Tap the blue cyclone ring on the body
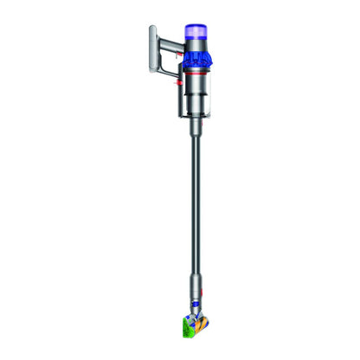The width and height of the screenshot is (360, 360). coord(197,59)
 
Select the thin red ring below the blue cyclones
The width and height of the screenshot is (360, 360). coord(197,74)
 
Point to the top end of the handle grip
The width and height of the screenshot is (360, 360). coord(153,29)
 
